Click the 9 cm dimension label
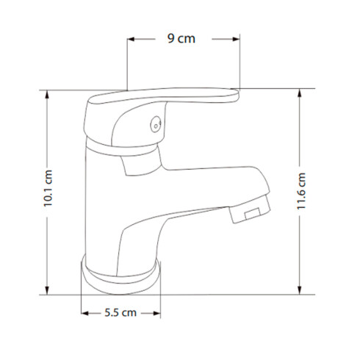181,39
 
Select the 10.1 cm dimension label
48,188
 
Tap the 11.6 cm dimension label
301,191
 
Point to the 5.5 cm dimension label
120,313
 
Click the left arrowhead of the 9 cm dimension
131,39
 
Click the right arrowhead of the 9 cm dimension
236,39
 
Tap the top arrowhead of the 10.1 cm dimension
47,94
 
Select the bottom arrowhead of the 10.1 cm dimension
47,290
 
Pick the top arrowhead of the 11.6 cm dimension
299,93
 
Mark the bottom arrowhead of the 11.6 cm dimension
299,290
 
